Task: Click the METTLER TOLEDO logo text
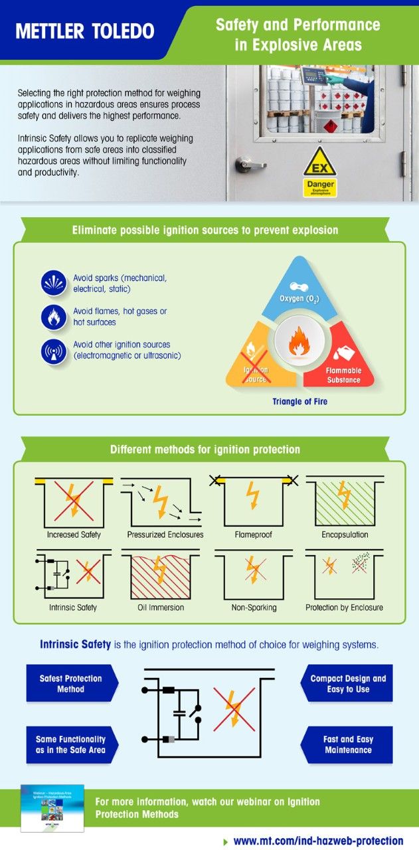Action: coord(84,31)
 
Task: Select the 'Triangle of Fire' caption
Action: coord(299,401)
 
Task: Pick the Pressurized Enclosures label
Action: coord(165,535)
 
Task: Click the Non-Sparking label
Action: coord(253,607)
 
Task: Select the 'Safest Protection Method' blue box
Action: coord(70,683)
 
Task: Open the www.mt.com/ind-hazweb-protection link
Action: coord(318,841)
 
